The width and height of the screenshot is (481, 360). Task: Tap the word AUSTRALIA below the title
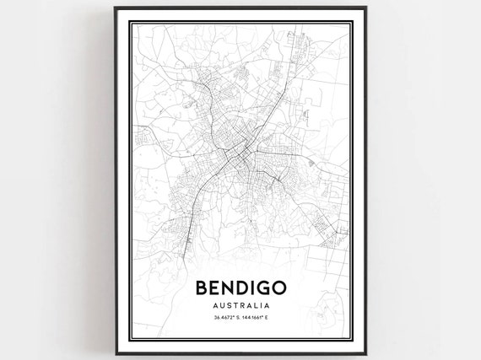click(x=240, y=305)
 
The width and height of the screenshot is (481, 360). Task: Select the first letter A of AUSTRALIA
click(x=216, y=305)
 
